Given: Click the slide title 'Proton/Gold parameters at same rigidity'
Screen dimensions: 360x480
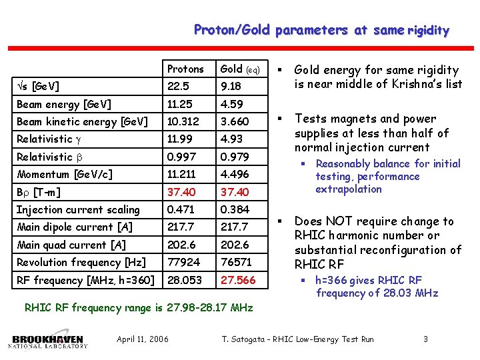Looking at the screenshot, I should (321, 30).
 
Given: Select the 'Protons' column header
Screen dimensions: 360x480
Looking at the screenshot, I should (185, 69).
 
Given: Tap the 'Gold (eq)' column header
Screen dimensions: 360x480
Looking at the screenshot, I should (244, 69).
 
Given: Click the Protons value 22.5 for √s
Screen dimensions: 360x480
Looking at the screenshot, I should (179, 87).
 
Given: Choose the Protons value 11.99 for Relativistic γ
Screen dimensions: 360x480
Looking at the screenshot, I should (179, 139).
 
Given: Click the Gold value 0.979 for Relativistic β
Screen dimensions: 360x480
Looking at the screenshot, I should (235, 157).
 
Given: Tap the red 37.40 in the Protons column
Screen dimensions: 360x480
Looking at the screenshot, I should (181, 192).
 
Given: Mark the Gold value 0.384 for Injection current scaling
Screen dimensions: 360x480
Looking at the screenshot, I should (235, 210).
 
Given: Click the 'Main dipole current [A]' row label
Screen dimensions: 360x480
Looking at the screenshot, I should (75, 227).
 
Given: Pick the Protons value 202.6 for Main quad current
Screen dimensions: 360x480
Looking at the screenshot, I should (181, 245).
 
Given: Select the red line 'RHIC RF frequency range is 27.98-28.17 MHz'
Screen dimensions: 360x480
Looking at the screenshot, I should (139, 308).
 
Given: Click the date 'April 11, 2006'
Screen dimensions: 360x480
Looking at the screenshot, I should (143, 340).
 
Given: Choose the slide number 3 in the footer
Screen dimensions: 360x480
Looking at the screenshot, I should (426, 340).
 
